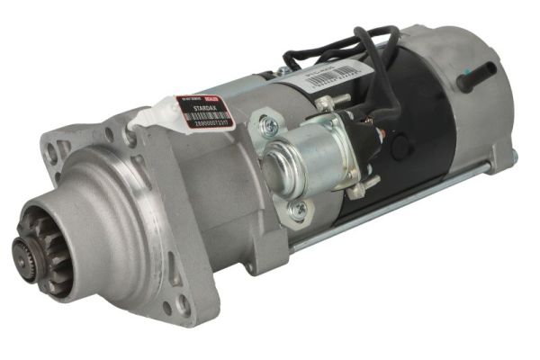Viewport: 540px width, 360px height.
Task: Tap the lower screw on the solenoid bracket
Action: (x=298, y=210)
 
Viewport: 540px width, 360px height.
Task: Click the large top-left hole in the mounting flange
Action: (x=52, y=156)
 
